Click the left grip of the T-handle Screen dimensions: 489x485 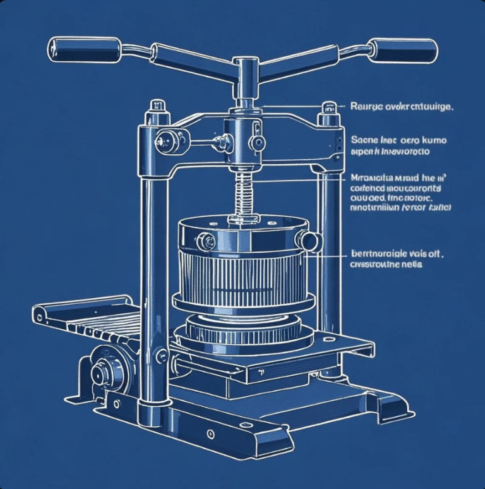85,49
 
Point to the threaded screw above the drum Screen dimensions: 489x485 243,192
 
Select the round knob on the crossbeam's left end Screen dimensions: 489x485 168,139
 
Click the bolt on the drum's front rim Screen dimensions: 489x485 205,240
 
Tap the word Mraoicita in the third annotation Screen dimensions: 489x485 373,179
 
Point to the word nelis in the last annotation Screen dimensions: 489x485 411,265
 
